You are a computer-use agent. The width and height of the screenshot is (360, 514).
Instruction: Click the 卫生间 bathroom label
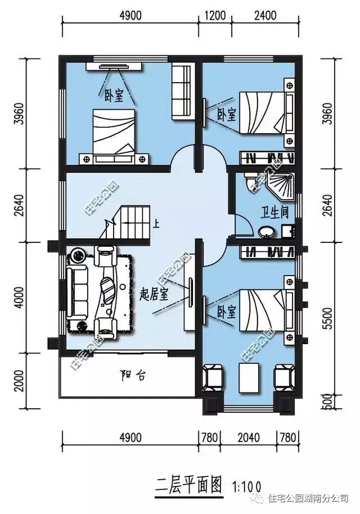click(274, 213)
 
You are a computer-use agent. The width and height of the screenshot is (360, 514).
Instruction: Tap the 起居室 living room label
click(154, 295)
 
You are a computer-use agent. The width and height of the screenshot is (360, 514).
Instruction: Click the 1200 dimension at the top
click(215, 15)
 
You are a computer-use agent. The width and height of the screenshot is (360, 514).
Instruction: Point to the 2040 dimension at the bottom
click(249, 438)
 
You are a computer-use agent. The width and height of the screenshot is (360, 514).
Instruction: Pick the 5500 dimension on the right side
click(327, 318)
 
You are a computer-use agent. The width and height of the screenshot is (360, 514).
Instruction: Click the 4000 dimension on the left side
click(19, 297)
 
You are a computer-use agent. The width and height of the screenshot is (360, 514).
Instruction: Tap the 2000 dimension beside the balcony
click(19, 381)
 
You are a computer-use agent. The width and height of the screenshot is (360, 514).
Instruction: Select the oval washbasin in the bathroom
click(267, 232)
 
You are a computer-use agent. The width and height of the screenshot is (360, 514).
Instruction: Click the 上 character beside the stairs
click(156, 225)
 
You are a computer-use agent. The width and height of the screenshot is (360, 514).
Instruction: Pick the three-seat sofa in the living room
click(78, 294)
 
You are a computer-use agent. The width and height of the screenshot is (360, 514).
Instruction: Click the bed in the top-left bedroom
click(114, 137)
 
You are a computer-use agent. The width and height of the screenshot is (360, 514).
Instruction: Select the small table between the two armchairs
click(250, 377)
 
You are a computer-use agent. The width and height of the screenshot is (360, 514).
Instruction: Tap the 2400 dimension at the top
click(265, 15)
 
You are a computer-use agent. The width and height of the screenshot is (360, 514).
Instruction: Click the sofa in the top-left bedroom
click(181, 90)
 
